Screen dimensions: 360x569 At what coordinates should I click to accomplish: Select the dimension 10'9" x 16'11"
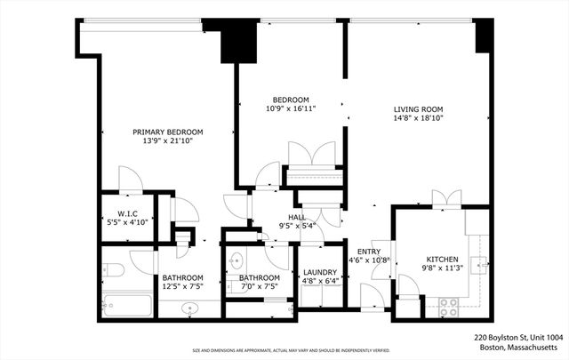(291, 108)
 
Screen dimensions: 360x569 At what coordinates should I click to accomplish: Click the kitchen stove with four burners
(448, 305)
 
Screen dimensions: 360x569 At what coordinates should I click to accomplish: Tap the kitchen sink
(478, 263)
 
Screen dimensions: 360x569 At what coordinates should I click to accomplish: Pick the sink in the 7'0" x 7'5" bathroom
(236, 261)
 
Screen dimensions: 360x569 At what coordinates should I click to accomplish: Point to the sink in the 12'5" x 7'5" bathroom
(188, 308)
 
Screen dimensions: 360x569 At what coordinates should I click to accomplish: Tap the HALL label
(297, 217)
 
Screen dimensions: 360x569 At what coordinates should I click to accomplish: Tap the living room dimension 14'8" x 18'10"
(418, 118)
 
